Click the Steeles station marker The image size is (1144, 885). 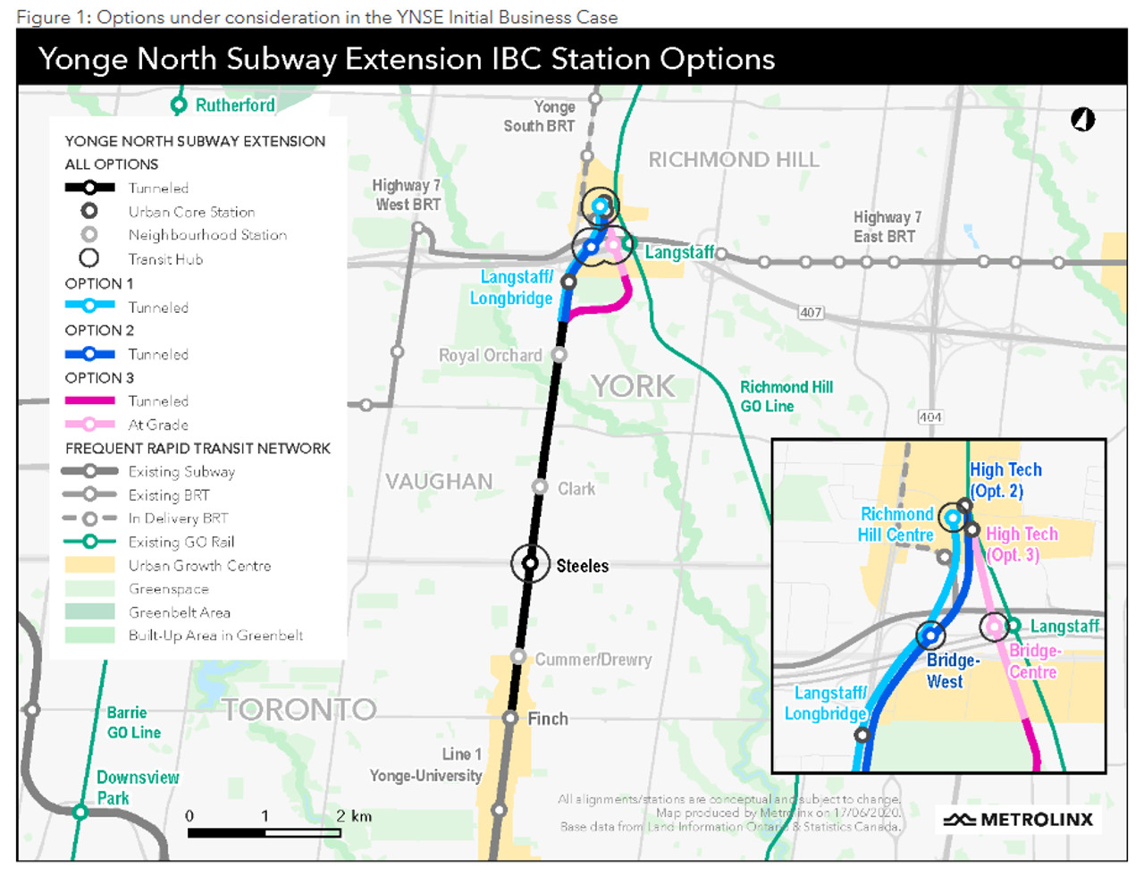(x=530, y=563)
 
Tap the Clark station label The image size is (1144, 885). (x=576, y=489)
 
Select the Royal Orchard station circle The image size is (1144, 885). (x=559, y=355)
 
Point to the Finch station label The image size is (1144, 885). (x=548, y=719)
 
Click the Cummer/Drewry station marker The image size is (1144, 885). (x=518, y=657)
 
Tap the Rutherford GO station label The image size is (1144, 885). (x=235, y=105)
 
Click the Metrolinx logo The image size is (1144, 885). (x=1019, y=820)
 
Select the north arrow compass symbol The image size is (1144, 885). (x=1083, y=119)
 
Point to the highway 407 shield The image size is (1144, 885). (x=811, y=312)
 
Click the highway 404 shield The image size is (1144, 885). (x=929, y=417)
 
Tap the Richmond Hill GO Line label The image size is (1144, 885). (x=786, y=396)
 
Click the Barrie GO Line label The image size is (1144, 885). (x=133, y=722)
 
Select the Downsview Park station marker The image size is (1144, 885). (x=80, y=812)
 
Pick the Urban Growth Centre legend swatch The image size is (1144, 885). (x=89, y=565)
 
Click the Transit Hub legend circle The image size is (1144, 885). (x=89, y=258)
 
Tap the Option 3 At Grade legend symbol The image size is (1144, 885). (x=89, y=425)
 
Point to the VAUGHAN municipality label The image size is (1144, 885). (x=439, y=482)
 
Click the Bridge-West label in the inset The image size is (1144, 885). (x=952, y=670)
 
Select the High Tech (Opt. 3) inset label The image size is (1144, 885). (x=1021, y=544)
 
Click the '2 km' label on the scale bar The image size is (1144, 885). (x=354, y=816)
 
